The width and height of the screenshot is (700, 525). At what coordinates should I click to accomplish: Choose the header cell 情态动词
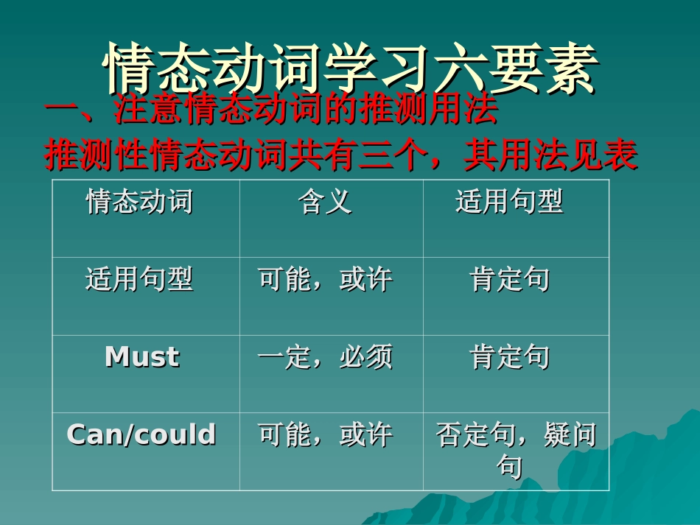coord(139,201)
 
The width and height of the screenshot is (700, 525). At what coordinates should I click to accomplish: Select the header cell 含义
coord(325,201)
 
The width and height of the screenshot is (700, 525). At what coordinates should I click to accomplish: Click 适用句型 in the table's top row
coord(509,201)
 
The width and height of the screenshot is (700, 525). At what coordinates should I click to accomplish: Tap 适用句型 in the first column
coord(139,279)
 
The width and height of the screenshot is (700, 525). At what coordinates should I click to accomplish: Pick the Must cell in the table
coord(142,357)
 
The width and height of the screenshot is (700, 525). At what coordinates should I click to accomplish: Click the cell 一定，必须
coord(325,357)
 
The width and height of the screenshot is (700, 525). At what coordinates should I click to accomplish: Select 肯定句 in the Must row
coord(509,357)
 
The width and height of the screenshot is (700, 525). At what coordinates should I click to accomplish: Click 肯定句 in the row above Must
coord(509,279)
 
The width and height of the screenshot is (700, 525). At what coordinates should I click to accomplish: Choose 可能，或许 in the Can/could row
coord(325,435)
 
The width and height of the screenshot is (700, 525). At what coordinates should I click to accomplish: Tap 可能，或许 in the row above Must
coord(325,279)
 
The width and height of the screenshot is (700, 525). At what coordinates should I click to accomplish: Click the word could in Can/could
coord(177,434)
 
